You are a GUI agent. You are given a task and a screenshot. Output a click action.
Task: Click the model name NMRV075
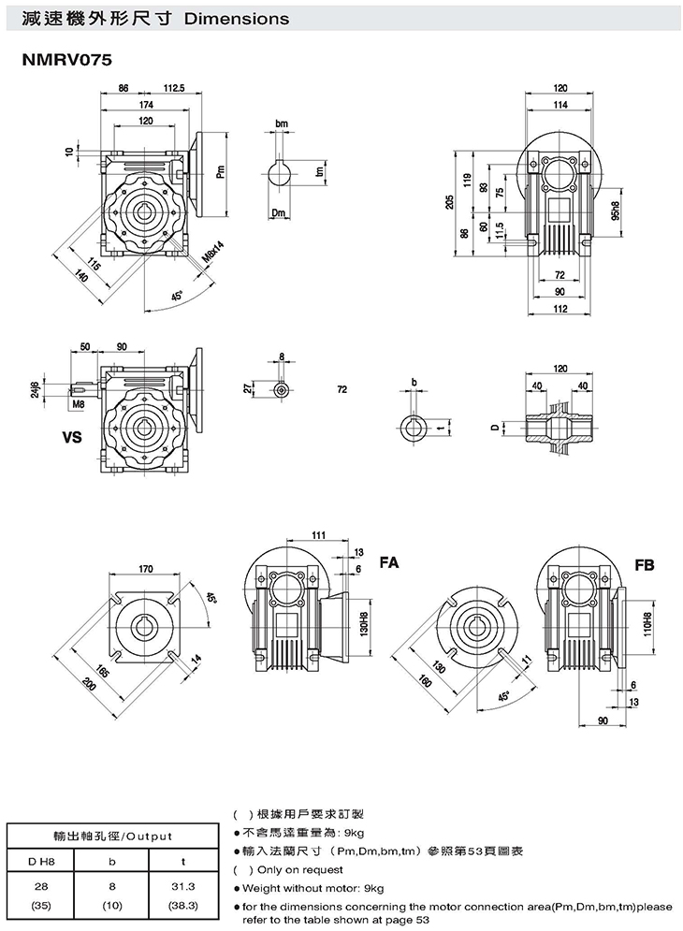coord(66,60)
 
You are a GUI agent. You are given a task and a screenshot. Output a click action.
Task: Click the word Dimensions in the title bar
coord(237,19)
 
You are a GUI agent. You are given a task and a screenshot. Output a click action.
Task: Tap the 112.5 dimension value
coord(174,88)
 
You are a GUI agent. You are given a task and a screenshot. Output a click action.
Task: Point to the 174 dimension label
coord(146,105)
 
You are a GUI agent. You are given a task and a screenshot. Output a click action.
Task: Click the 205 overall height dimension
coord(450,203)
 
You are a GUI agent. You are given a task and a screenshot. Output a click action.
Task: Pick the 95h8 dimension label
coord(615,211)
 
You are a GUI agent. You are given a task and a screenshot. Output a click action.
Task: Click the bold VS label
coord(72,438)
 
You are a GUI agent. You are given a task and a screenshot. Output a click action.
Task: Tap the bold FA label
coord(389,561)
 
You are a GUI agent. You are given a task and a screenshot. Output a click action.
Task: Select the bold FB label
coord(645,564)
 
